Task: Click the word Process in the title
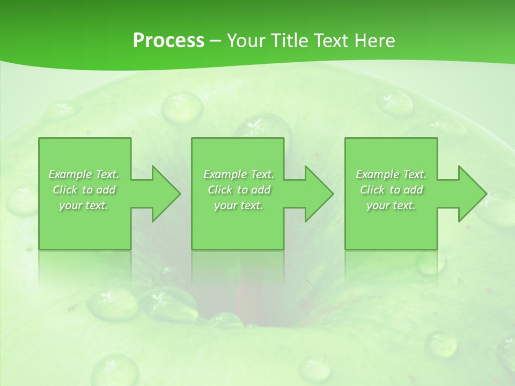(x=168, y=41)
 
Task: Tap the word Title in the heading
(x=289, y=41)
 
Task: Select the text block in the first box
(x=84, y=190)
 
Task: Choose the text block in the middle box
(x=239, y=190)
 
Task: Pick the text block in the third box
(x=391, y=190)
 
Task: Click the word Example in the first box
(x=70, y=174)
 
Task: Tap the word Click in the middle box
(x=220, y=190)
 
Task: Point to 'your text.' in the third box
(x=391, y=205)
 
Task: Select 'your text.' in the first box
(x=84, y=205)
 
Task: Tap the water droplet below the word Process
(x=182, y=106)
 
